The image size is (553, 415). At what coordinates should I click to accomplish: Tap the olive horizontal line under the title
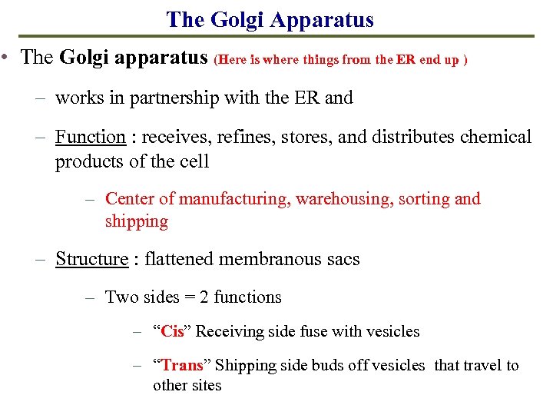tap(276, 36)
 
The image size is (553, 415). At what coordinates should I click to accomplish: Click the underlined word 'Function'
tap(90, 137)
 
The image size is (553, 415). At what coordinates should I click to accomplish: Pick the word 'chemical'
tap(495, 137)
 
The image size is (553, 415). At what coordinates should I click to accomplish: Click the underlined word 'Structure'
tap(91, 259)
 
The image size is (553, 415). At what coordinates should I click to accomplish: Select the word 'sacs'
tap(343, 259)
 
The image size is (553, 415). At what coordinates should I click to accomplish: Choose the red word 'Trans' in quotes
tap(181, 366)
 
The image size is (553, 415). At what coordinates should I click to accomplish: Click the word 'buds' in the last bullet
tap(331, 366)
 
